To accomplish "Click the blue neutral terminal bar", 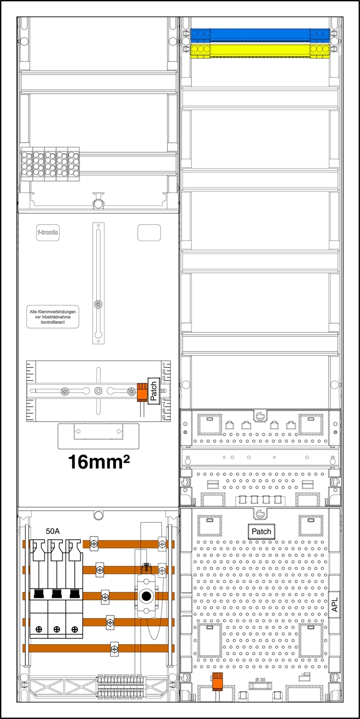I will (x=259, y=34).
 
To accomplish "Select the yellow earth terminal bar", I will (x=259, y=49).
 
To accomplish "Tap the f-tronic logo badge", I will (x=48, y=233).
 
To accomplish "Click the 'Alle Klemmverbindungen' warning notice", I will (x=52, y=318).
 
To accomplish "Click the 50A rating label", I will (x=53, y=531).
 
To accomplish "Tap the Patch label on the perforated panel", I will (x=261, y=531).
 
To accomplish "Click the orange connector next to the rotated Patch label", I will (x=142, y=391).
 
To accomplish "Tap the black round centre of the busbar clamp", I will (x=145, y=597).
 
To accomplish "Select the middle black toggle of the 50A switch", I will (x=57, y=594).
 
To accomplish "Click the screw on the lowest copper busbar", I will (x=114, y=649).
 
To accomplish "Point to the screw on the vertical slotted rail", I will (x=98, y=304).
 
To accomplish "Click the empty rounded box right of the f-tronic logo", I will (x=149, y=233).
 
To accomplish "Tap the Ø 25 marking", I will (x=259, y=680).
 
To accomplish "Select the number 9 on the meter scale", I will (x=164, y=418).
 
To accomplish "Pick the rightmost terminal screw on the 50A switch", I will (x=74, y=629).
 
